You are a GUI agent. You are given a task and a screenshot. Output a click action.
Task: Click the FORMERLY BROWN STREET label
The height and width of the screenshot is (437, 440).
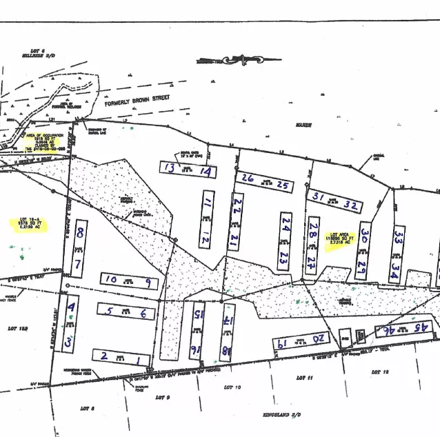click(137, 108)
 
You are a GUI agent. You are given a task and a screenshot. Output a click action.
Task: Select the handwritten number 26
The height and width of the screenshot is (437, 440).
click(247, 178)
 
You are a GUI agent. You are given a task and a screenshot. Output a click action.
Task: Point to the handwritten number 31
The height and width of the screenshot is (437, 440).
click(318, 197)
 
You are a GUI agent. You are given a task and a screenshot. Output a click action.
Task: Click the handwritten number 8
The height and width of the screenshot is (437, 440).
click(81, 232)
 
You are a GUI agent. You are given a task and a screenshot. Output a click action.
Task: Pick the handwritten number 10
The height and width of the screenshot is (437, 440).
click(111, 278)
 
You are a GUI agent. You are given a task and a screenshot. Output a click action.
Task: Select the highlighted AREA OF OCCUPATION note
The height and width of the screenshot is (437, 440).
click(46, 142)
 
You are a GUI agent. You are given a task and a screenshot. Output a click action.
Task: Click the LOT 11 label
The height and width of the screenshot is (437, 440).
click(304, 378)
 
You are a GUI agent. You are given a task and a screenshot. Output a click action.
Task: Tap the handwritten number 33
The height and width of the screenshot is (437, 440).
click(398, 237)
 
